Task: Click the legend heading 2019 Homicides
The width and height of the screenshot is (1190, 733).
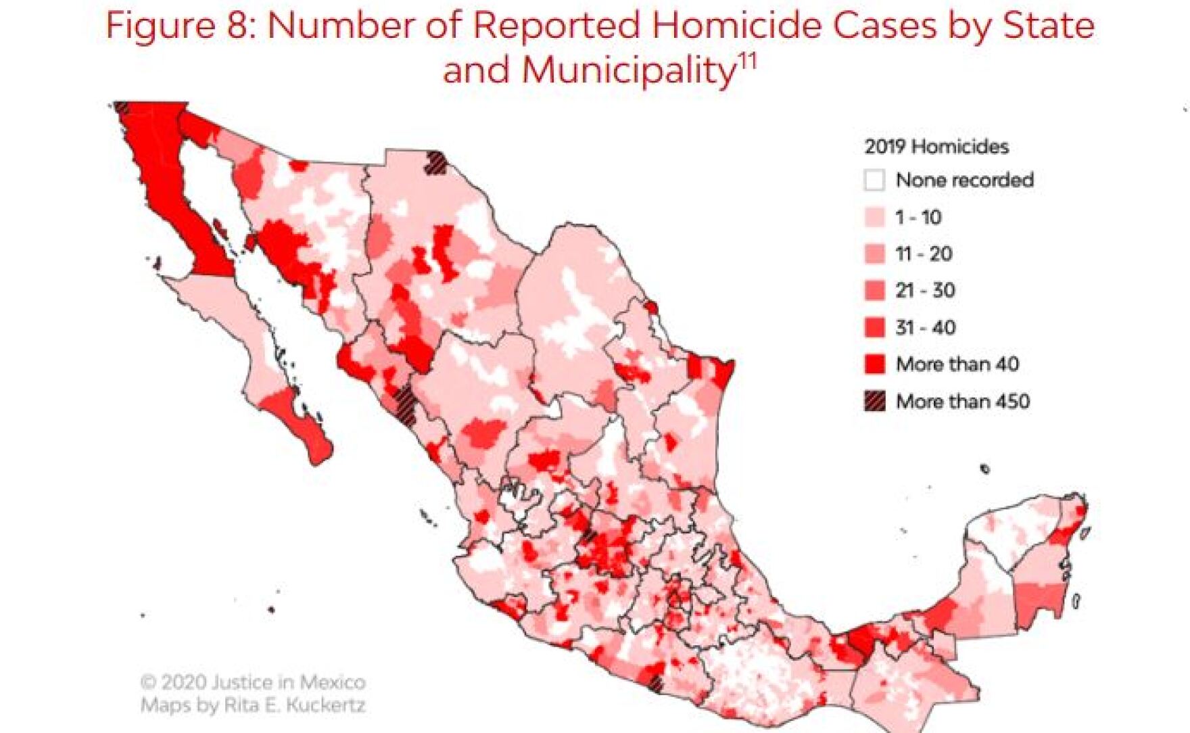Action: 936,146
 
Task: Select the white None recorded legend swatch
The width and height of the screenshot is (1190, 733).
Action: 874,181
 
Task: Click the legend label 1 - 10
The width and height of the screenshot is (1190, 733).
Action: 918,217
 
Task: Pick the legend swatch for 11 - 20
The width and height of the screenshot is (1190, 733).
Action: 874,254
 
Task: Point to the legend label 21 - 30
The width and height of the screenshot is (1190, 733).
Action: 924,291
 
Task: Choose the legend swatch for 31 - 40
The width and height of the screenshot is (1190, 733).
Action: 874,328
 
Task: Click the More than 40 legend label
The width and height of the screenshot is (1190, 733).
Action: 957,364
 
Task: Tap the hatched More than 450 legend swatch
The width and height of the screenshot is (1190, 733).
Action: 874,401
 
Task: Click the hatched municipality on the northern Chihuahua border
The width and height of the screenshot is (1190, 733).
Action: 437,163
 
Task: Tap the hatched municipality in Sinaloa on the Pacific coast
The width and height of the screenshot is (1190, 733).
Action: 406,404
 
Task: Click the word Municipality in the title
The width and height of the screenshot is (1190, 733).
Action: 628,70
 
